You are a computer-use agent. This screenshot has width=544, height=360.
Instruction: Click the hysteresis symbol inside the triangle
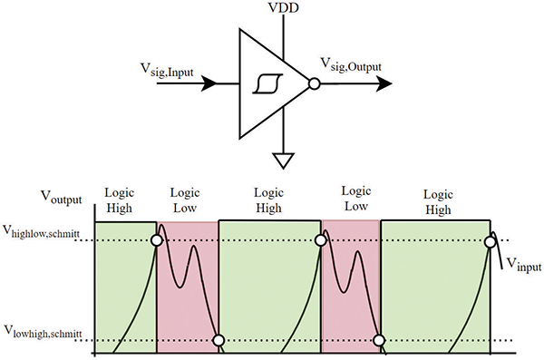point(266,84)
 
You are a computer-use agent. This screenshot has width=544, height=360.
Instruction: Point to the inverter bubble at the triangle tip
point(314,83)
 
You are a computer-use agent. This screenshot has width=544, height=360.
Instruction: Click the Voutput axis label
point(63,195)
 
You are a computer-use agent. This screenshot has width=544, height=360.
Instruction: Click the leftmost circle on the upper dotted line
point(157,241)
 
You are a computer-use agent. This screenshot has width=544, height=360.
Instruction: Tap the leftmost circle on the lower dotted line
point(218,342)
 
